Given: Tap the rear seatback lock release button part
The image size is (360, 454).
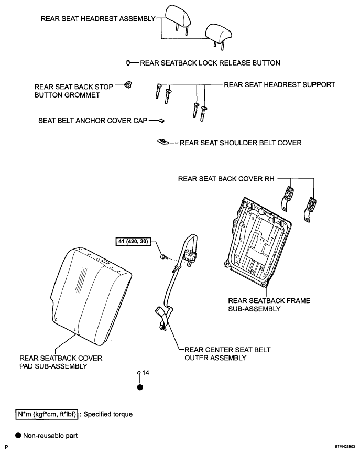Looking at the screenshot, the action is click(128, 62).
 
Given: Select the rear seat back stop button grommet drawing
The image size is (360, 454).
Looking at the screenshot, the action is click(128, 85).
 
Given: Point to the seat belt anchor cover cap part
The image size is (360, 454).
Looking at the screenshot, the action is click(161, 121).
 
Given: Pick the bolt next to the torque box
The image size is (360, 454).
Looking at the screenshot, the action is click(163, 256).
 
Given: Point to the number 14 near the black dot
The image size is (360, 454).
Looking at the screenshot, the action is click(146, 373).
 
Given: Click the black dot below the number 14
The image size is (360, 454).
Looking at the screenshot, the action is click(140, 387).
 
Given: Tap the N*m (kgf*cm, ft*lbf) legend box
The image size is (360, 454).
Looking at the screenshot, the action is click(46, 414).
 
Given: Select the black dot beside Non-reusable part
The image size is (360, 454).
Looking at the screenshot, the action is click(18, 436).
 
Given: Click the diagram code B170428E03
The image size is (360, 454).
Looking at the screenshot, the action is click(345, 447).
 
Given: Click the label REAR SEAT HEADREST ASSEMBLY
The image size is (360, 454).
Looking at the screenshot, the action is click(98, 19).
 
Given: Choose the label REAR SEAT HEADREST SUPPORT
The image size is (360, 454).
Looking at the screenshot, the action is click(279, 84).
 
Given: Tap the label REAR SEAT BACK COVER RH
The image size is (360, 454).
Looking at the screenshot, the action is click(226, 179).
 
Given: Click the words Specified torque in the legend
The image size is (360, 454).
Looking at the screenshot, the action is click(108, 414).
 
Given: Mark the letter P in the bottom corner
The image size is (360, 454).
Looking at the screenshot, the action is click(7, 447).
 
